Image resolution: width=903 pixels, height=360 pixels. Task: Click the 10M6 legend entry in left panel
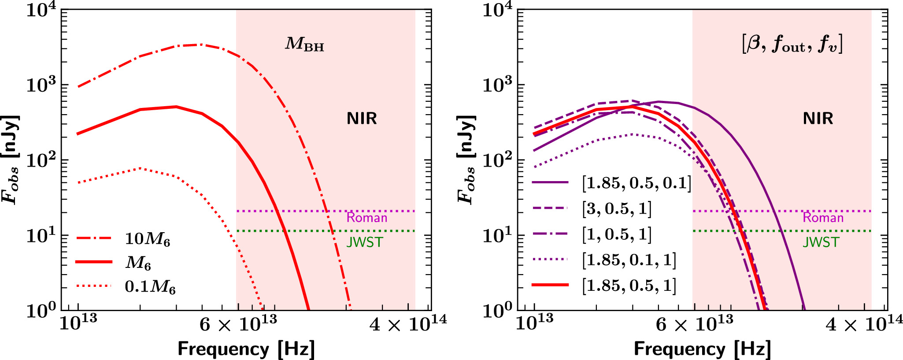[147, 238]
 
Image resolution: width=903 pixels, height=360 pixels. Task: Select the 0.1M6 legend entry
[150, 286]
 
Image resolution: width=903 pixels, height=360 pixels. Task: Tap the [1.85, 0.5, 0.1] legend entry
[636, 182]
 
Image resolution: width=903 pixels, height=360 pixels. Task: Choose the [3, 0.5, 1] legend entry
[616, 208]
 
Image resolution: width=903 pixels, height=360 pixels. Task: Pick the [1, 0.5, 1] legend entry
[616, 234]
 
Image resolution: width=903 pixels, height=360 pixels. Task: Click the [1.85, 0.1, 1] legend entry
[629, 260]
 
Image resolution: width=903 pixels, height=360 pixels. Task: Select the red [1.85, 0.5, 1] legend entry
[629, 286]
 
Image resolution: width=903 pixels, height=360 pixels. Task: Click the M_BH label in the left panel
[304, 45]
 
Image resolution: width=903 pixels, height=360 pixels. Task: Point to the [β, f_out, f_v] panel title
[792, 45]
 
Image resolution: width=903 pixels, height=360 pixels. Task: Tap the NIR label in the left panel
[362, 119]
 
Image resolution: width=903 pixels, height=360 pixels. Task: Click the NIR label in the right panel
[818, 119]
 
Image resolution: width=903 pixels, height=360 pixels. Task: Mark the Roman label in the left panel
[366, 218]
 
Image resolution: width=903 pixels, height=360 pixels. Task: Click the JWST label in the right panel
[821, 242]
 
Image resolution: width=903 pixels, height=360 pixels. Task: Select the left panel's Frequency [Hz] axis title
[246, 349]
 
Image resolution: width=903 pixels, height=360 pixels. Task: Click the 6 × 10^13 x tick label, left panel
[238, 325]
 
